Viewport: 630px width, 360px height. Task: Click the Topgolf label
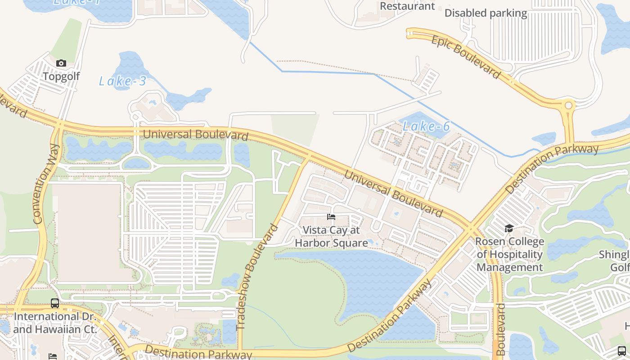click(61, 76)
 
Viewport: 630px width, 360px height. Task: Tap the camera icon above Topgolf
click(61, 63)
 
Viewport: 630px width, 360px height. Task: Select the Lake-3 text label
click(122, 81)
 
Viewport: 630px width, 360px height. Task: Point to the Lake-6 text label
click(426, 126)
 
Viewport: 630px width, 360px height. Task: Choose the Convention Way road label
click(46, 184)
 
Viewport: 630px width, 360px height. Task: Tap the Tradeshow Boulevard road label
click(257, 277)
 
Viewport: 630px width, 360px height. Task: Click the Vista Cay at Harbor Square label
click(331, 237)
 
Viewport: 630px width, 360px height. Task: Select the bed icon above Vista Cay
click(331, 217)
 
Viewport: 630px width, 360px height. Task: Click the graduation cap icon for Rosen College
click(509, 229)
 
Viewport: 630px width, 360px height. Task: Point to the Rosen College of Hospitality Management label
click(509, 255)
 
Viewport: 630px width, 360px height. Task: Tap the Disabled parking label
click(486, 13)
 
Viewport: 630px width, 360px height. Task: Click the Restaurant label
click(407, 6)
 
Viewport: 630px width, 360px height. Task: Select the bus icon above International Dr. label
click(55, 303)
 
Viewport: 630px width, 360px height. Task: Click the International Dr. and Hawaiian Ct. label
click(55, 323)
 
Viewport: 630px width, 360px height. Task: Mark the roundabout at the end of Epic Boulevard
click(568, 106)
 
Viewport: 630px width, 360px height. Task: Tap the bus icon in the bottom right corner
click(621, 351)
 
